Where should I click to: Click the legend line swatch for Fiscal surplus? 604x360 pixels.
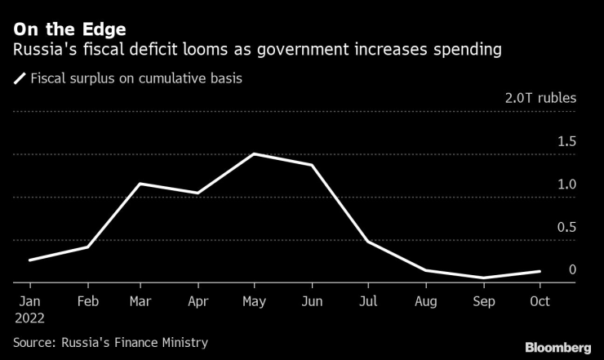pos(19,79)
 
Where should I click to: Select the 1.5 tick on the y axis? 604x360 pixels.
pos(566,141)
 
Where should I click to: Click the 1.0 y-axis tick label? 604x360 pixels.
pos(566,184)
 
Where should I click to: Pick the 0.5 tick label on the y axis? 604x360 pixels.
pos(566,227)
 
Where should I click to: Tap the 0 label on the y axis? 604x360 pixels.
pos(572,270)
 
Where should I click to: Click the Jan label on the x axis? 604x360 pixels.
pos(29,301)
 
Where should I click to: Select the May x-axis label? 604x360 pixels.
pos(255,301)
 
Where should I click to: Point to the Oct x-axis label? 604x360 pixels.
pos(539,301)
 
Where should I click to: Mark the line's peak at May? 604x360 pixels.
pos(255,153)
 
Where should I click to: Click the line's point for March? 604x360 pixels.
pos(142,184)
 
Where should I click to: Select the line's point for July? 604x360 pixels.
pos(368,242)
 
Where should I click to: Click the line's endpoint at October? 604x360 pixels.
pos(539,271)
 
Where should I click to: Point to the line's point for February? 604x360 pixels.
pos(86,247)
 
